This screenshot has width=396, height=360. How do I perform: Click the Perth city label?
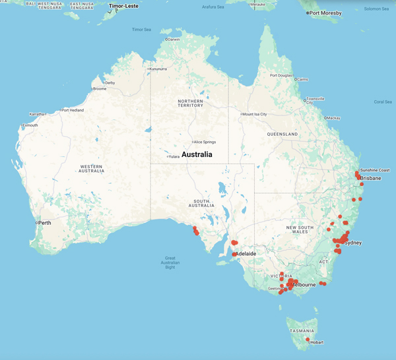click(45, 223)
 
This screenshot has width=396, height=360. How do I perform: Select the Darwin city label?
click(174, 40)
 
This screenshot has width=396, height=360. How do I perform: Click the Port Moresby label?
click(329, 13)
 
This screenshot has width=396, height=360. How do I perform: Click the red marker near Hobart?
click(308, 340)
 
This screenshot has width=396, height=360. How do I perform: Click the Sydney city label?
click(353, 243)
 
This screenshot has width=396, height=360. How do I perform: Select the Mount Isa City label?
click(255, 114)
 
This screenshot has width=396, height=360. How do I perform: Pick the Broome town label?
click(100, 88)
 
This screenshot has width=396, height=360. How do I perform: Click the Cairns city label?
click(302, 79)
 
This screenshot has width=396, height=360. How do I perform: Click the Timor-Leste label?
click(123, 5)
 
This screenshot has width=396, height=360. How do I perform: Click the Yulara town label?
click(174, 156)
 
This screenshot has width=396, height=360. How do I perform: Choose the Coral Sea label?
click(383, 102)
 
